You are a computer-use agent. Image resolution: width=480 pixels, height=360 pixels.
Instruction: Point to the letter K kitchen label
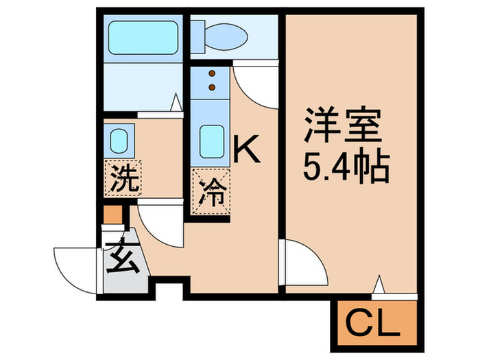coord(247,149)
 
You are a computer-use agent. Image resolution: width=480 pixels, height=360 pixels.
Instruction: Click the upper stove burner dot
coord(212,73)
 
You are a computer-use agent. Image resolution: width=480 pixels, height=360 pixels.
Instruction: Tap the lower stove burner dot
coord(212,87)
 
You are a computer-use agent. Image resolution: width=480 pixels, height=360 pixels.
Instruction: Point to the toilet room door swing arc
coord(255,86)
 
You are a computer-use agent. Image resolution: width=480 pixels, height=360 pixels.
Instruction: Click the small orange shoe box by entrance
coord(112,215)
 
